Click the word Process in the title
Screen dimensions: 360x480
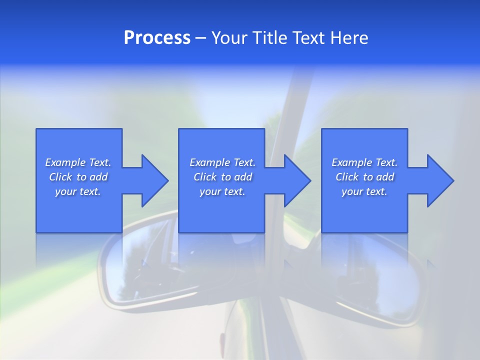(x=157, y=38)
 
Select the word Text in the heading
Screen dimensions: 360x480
(x=309, y=38)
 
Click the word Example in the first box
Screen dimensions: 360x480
(x=65, y=162)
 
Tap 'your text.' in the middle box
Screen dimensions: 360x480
(x=222, y=191)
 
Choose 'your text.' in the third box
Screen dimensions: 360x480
(x=364, y=191)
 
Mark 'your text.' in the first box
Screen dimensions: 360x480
(x=78, y=191)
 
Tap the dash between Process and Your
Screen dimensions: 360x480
(x=201, y=38)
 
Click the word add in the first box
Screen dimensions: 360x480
(x=98, y=177)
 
